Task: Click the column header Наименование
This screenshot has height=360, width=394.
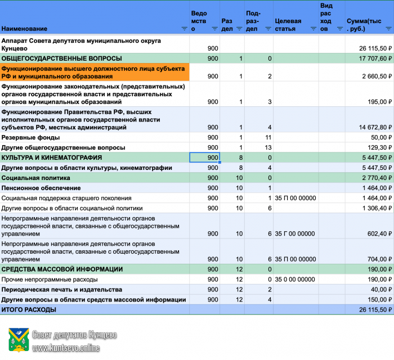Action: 24,28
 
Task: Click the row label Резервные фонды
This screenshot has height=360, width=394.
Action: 30,137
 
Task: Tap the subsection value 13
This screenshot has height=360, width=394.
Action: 268,147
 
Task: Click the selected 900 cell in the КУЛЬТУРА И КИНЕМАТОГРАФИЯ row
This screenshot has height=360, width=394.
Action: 204,157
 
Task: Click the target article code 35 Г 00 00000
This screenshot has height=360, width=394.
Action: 295,233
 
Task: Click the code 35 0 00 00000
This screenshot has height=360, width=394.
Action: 295,280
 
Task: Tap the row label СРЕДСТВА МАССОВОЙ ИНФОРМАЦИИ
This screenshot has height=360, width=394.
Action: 62,269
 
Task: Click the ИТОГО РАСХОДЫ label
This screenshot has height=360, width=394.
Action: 29,310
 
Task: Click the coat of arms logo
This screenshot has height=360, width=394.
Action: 17,341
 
